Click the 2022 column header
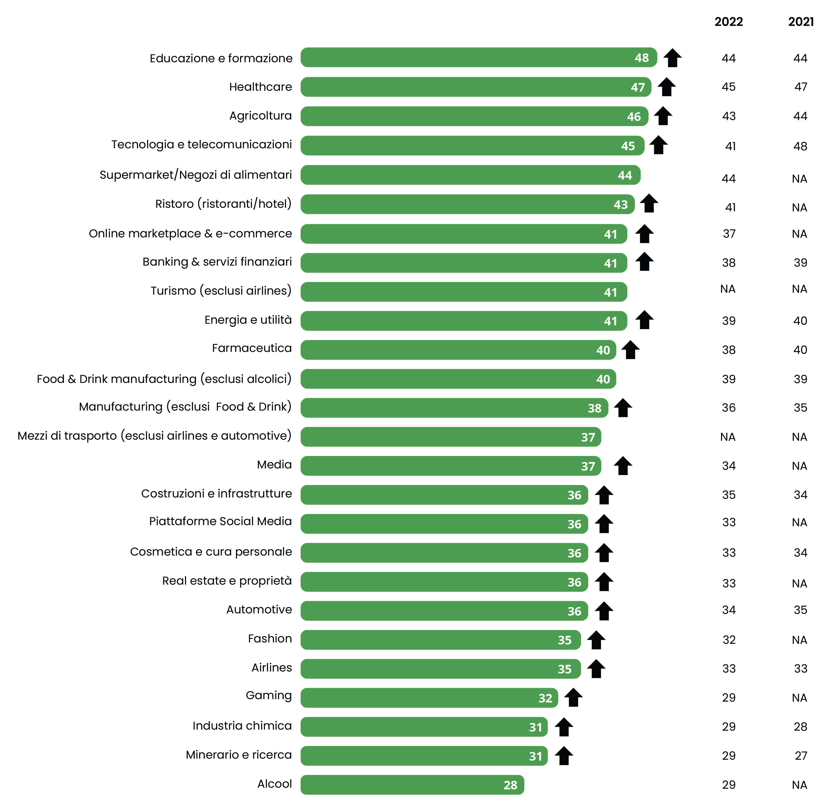[728, 22]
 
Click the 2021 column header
[801, 22]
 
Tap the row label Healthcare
[261, 87]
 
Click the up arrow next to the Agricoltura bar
[663, 116]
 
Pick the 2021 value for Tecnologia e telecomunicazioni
[800, 146]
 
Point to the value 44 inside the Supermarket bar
[625, 175]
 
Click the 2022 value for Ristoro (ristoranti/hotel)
[730, 208]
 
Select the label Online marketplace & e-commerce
[190, 234]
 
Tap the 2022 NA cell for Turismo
[728, 289]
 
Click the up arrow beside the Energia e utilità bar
[644, 320]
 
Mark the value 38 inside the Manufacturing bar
[594, 408]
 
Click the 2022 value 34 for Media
[728, 466]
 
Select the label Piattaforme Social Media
[220, 522]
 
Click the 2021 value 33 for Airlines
[800, 669]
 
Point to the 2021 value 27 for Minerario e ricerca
[801, 756]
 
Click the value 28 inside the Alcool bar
[510, 785]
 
